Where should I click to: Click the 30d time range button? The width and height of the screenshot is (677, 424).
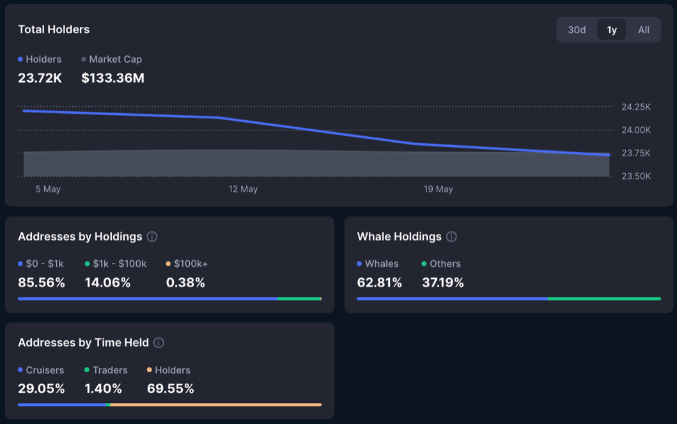[x=577, y=30]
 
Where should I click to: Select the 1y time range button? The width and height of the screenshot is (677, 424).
[x=612, y=30]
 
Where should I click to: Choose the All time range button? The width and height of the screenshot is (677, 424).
[x=643, y=30]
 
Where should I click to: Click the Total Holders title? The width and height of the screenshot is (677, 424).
[x=54, y=29]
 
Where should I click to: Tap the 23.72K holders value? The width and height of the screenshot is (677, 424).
[x=40, y=78]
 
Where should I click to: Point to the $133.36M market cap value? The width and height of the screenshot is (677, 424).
[x=113, y=78]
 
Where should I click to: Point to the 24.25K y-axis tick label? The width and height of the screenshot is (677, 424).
[x=636, y=107]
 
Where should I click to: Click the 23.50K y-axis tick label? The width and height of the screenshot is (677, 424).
[x=636, y=177]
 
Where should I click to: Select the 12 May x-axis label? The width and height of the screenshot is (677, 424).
[x=243, y=189]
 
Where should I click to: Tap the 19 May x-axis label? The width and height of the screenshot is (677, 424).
[x=438, y=189]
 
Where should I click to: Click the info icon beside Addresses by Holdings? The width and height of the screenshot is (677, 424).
[x=152, y=237]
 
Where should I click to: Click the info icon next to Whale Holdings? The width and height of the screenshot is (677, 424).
[x=451, y=237]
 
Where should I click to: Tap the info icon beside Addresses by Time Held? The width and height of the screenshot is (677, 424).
[x=159, y=343]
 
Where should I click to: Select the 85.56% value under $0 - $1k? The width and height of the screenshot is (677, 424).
[x=42, y=283]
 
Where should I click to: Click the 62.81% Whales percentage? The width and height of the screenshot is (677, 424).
[x=379, y=283]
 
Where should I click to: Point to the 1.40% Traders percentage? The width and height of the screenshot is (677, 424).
[x=103, y=389]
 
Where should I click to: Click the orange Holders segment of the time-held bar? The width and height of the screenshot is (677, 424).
[x=215, y=404]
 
